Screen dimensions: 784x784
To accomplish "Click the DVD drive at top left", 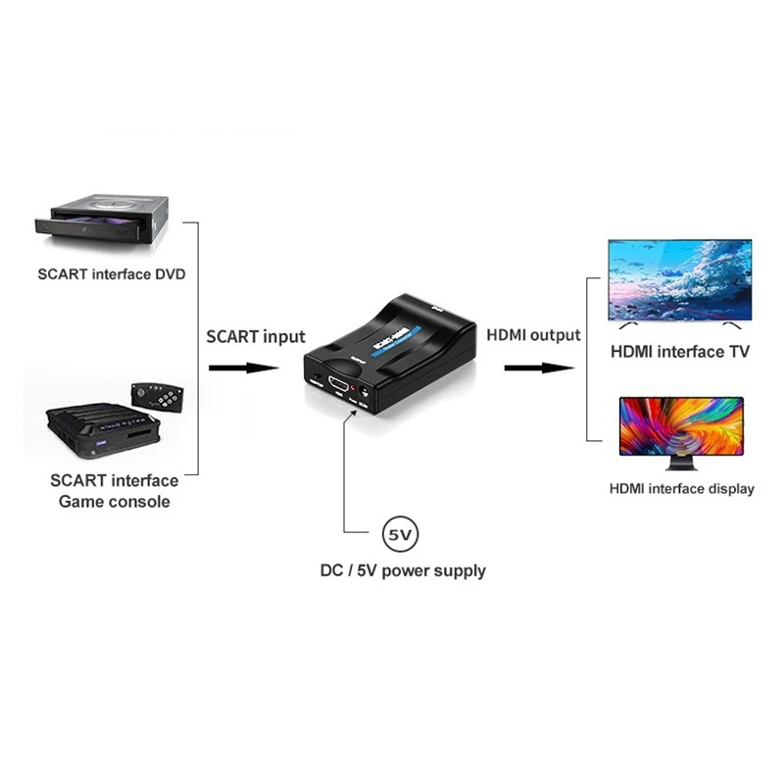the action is point(102,218).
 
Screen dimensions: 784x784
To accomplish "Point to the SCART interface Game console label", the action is point(114,491).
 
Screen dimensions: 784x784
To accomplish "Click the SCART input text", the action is point(256,336).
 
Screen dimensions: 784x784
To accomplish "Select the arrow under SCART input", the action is point(244,368).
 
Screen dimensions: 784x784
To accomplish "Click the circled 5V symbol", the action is point(400,535).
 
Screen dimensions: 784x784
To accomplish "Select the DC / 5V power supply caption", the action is point(403,569).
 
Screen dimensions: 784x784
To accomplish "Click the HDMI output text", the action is point(534,335).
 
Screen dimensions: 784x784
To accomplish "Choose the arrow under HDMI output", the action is point(537,368).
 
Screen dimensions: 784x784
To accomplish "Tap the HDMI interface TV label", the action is point(680,351).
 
